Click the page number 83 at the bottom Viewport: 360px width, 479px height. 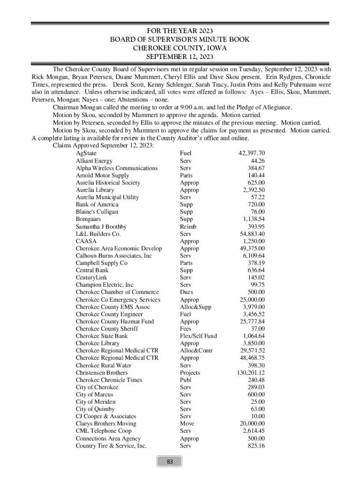coord(170,462)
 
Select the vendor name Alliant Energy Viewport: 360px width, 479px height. coord(94,161)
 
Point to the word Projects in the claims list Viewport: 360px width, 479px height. coord(190,373)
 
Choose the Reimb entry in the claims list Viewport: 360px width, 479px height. coord(188,226)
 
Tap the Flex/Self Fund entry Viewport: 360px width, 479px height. coord(198,336)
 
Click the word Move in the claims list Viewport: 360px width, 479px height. coord(187,424)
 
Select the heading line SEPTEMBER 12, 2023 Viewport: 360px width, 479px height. coord(180,57)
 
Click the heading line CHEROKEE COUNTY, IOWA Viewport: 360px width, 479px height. coord(180,48)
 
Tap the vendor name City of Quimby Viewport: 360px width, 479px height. coord(95,409)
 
